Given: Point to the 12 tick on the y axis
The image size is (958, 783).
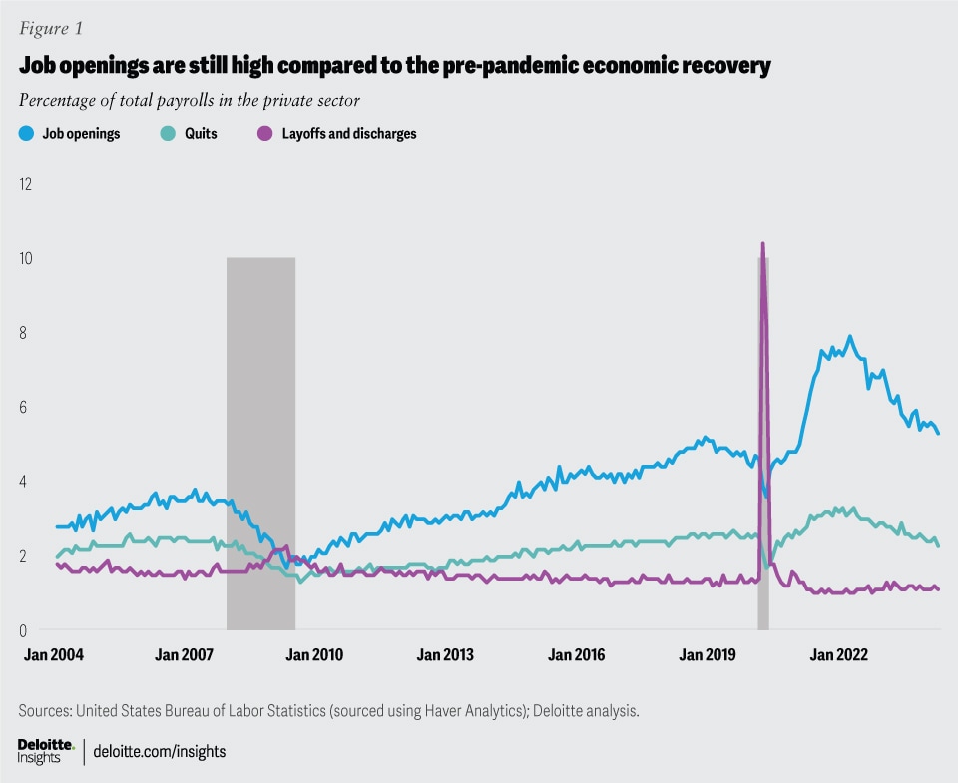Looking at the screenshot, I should pos(25,185).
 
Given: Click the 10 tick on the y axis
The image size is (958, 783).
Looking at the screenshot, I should pos(25,258).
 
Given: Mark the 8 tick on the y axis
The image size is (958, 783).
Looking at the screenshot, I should pos(25,333).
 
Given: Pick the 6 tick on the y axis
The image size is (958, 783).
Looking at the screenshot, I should pos(25,407).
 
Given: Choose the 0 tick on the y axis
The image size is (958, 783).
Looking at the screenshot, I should pos(25,630).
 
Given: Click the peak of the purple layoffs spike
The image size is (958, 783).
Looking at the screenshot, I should pos(763,244).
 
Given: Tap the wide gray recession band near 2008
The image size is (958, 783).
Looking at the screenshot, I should pos(260,443).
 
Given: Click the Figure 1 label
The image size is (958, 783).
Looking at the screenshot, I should pos(49,29).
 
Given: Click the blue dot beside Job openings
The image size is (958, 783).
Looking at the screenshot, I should pos(26,134).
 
